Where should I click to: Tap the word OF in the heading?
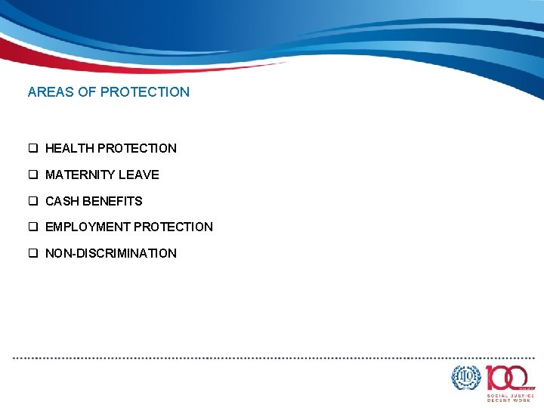tap(86, 92)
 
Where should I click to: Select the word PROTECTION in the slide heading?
tap(145, 92)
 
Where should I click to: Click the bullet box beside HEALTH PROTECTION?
tap(33, 149)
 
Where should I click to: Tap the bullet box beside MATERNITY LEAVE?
tap(33, 175)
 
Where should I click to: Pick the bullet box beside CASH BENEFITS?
tap(33, 202)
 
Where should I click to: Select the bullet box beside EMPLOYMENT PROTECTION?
tap(33, 227)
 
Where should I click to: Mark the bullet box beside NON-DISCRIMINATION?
tap(33, 254)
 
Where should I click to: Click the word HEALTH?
tap(70, 149)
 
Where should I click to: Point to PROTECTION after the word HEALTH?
tap(137, 149)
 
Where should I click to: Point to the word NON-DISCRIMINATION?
tap(111, 254)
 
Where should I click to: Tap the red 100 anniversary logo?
tap(509, 377)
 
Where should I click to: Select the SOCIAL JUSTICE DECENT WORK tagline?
tap(510, 397)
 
